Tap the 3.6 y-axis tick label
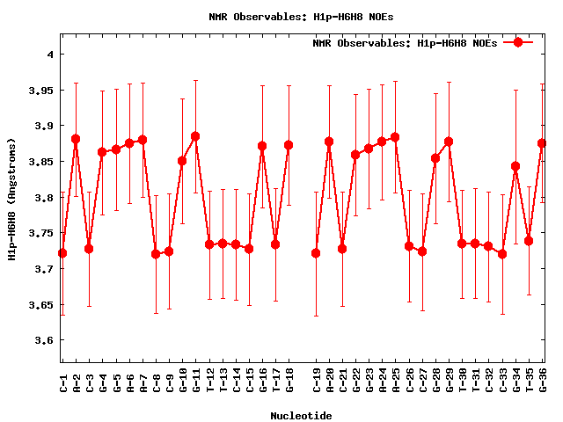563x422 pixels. pos(44,340)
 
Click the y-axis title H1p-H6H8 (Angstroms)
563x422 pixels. pos(12,199)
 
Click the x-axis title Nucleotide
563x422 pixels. pos(302,416)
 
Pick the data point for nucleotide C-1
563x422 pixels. pos(62,253)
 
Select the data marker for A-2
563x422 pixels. pos(76,139)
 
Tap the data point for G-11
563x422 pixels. pos(195,136)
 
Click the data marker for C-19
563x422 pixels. pos(316,253)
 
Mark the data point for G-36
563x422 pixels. pos(542,142)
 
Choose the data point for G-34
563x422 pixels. pos(515,166)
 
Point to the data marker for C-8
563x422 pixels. pos(156,254)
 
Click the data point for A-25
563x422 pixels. pos(395,137)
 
